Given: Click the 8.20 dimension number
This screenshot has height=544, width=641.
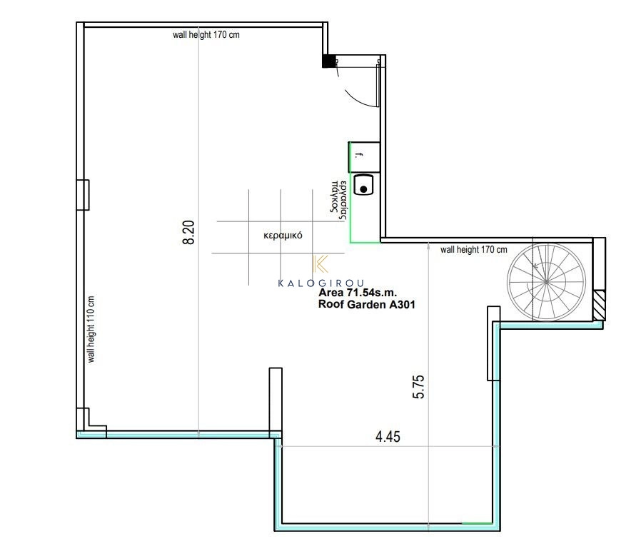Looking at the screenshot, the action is (x=188, y=232).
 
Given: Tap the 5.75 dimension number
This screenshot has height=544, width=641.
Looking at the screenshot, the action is (x=419, y=387).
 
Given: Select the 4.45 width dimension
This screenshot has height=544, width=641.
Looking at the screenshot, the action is (x=388, y=436).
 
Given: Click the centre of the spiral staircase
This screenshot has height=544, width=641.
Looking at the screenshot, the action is (x=546, y=281).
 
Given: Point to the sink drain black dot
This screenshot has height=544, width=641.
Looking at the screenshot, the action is (x=363, y=189).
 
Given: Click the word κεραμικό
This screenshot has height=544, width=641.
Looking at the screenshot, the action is (x=283, y=236).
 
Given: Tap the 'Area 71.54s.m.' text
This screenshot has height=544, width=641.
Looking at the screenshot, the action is (x=358, y=293).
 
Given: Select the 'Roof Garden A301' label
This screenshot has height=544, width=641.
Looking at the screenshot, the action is (x=367, y=305).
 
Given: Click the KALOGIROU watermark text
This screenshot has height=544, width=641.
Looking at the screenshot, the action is (x=321, y=283).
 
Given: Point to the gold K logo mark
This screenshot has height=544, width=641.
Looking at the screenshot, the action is (x=320, y=264).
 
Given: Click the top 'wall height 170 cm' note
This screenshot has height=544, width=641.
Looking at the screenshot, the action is (x=206, y=35).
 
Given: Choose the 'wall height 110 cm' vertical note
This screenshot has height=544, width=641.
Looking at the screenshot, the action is (x=91, y=329).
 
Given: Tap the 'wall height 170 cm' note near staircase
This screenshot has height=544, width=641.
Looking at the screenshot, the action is (x=473, y=249).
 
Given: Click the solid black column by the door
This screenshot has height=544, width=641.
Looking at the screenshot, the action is (x=328, y=61).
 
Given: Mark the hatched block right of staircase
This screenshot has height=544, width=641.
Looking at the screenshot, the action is (x=599, y=306).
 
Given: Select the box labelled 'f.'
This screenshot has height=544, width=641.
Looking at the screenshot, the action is (x=364, y=157).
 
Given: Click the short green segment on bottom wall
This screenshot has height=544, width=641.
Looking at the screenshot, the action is (x=477, y=523).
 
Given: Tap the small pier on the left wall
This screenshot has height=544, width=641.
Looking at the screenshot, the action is (x=84, y=195).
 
